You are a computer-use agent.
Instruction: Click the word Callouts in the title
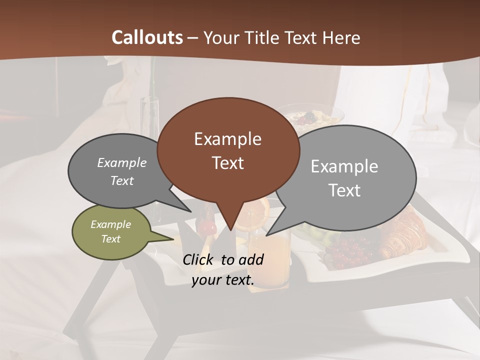pyautogui.click(x=147, y=37)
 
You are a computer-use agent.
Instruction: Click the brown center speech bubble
pyautogui.click(x=228, y=150)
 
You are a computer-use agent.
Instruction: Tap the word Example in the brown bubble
pyautogui.click(x=228, y=139)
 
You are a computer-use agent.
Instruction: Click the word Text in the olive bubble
pyautogui.click(x=111, y=239)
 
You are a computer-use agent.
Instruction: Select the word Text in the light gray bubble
pyautogui.click(x=345, y=190)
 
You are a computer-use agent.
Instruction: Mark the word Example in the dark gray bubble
pyautogui.click(x=122, y=163)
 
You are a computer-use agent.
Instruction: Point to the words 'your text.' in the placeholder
pyautogui.click(x=223, y=280)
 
